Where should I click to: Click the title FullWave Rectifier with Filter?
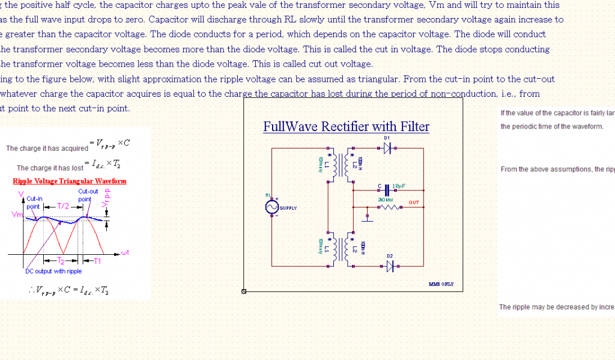point(346,127)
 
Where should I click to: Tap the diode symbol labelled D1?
point(387,147)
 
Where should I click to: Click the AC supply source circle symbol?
point(271,207)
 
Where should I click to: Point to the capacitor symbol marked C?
point(388,188)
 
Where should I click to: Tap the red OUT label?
point(414,203)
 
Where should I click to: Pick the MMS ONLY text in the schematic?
point(441,284)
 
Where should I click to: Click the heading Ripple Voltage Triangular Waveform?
point(70,181)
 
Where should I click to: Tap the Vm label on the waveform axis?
point(17,215)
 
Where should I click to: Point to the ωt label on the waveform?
point(125,252)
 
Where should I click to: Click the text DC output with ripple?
point(53,271)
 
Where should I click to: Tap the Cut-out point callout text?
point(88,195)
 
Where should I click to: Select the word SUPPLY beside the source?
point(288,208)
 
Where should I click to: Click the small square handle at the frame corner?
point(244,291)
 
